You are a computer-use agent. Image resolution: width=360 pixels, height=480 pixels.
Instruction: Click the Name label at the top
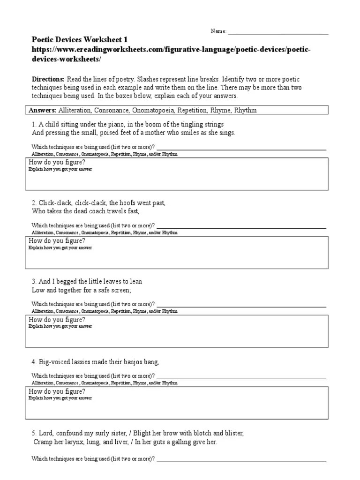[x=218, y=31]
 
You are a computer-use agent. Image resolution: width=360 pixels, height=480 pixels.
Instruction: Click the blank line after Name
[x=277, y=32]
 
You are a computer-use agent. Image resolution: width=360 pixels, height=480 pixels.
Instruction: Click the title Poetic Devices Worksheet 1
[x=79, y=40]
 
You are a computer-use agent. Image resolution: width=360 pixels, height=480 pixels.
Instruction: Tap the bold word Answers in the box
[x=43, y=110]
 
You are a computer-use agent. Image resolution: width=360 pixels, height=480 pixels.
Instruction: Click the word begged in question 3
[x=69, y=282]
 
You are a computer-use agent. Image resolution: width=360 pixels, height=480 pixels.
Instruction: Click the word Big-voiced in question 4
[x=54, y=361]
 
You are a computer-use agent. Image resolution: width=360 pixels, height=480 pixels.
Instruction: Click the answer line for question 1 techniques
[x=241, y=148]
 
